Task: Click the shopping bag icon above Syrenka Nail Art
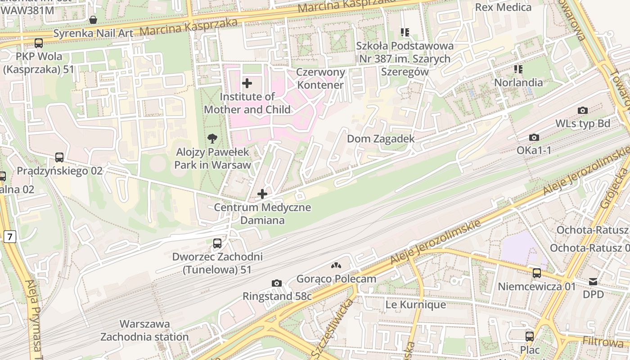click(93, 20)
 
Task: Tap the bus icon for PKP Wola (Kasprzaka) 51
click(39, 43)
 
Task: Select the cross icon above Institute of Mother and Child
click(247, 83)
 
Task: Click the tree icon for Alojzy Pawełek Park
click(212, 139)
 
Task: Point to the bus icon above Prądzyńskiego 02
click(59, 157)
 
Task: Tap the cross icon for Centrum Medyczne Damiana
click(262, 194)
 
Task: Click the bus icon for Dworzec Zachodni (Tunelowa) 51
click(217, 243)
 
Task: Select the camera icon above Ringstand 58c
click(277, 283)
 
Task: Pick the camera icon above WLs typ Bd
click(582, 110)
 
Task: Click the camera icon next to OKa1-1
click(534, 137)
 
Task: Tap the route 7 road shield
click(9, 236)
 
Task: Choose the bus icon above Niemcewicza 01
click(536, 273)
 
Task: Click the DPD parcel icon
click(593, 282)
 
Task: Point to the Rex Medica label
click(503, 7)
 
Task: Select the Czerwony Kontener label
click(320, 78)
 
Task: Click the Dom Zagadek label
click(381, 139)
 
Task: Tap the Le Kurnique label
click(415, 305)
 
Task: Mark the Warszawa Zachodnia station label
click(144, 330)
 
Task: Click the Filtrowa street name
click(603, 341)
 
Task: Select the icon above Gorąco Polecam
click(336, 266)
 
